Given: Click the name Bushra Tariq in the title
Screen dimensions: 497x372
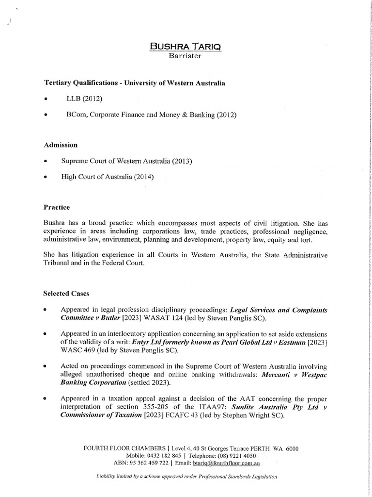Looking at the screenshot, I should click(186, 47).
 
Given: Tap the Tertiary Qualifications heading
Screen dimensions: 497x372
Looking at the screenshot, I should click(135, 83).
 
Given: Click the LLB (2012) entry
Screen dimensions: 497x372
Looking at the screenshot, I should click(85, 99).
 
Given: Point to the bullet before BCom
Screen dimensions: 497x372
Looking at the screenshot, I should click(45, 115).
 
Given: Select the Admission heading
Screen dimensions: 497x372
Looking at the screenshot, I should click(61, 145).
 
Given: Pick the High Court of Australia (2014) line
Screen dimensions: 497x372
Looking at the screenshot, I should click(107, 177).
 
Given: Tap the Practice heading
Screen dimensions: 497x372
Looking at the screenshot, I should click(57, 207).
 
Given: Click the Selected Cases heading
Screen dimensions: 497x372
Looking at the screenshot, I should click(66, 294).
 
